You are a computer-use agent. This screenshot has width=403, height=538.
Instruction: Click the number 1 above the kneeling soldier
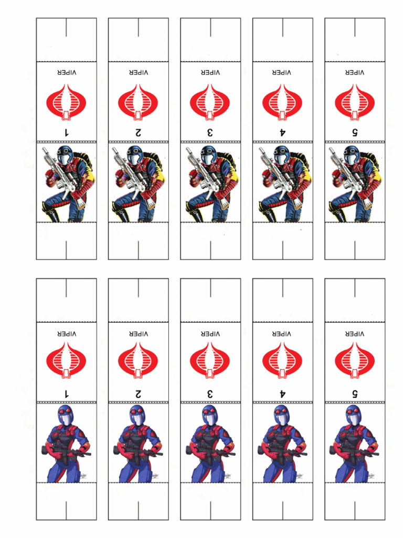pyautogui.click(x=66, y=132)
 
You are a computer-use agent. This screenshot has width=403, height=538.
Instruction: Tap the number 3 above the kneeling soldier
pyautogui.click(x=210, y=132)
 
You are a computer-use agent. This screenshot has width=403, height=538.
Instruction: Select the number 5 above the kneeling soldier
pyautogui.click(x=354, y=132)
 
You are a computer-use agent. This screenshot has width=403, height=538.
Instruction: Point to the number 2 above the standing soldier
pyautogui.click(x=138, y=393)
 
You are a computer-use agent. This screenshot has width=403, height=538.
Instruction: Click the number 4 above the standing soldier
pyautogui.click(x=282, y=393)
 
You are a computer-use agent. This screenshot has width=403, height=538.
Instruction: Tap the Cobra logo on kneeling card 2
pyautogui.click(x=138, y=101)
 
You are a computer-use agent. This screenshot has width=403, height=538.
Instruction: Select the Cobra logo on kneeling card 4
pyautogui.click(x=282, y=101)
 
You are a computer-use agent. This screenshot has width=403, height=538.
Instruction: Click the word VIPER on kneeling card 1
pyautogui.click(x=66, y=72)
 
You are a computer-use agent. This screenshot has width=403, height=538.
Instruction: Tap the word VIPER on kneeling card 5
pyautogui.click(x=354, y=72)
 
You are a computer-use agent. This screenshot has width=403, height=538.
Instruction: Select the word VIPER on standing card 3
pyautogui.click(x=210, y=333)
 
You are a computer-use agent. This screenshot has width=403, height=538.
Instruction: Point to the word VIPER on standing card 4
pyautogui.click(x=282, y=333)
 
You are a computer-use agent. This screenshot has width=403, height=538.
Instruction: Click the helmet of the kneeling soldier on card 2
pyautogui.click(x=134, y=155)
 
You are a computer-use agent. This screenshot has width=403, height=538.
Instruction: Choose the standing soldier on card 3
pyautogui.click(x=210, y=444)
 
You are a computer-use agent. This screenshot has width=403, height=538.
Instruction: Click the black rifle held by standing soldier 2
pyautogui.click(x=139, y=453)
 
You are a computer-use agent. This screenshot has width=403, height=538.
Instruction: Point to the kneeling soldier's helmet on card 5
pyautogui.click(x=351, y=155)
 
